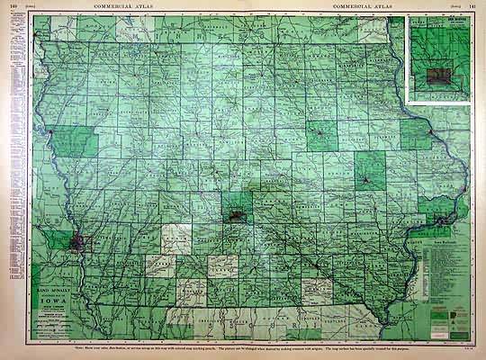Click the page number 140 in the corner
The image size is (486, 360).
13,6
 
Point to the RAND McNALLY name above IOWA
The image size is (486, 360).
52,294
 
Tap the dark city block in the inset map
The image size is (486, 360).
441,70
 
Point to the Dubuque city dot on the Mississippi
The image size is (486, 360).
432,133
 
